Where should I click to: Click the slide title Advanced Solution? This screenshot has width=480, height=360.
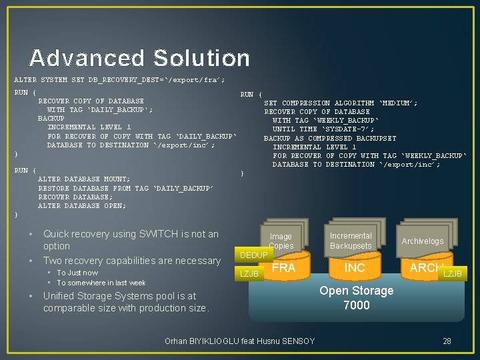coord(139,58)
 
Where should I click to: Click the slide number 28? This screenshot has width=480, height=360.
coord(447,341)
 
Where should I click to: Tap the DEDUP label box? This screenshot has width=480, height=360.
coord(253,255)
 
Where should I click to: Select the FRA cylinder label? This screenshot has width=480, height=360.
coord(284,268)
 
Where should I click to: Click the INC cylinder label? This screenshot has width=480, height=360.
coord(355,268)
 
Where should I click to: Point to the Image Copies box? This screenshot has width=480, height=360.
coord(281,241)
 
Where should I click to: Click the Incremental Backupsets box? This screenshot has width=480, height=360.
coord(351,241)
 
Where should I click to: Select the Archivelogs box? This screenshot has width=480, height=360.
coord(422,241)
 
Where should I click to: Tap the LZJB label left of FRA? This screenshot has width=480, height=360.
coord(249,273)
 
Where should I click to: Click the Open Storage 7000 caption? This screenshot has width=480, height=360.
coord(356,298)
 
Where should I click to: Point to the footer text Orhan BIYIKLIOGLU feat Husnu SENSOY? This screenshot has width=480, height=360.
coord(239,341)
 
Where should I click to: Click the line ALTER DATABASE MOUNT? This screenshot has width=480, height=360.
coord(84,179)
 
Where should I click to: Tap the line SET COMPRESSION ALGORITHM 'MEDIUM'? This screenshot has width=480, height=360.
coord(341,103)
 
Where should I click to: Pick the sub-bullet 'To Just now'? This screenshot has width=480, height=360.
coord(77,273)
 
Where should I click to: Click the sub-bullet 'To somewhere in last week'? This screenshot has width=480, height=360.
coord(101,283)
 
